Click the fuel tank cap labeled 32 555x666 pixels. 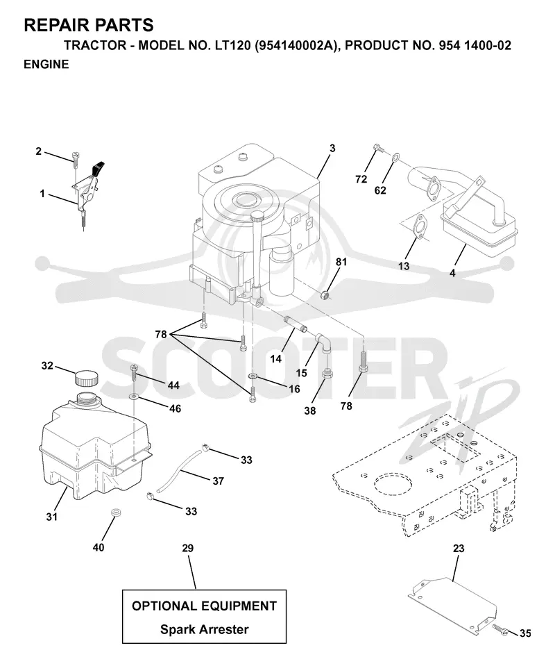pyautogui.click(x=86, y=378)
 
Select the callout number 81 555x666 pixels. pyautogui.click(x=341, y=262)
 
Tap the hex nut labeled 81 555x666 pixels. pyautogui.click(x=325, y=294)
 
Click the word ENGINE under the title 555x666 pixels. pyautogui.click(x=46, y=64)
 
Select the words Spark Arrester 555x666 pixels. pyautogui.click(x=205, y=629)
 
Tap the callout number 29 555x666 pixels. pyautogui.click(x=188, y=549)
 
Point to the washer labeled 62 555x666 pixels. pyautogui.click(x=395, y=157)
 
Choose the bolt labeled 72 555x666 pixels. pyautogui.click(x=379, y=148)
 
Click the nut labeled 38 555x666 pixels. pyautogui.click(x=327, y=374)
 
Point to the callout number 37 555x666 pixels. pyautogui.click(x=218, y=481)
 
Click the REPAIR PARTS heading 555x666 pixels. pyautogui.click(x=89, y=26)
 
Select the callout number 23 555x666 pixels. pyautogui.click(x=459, y=549)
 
